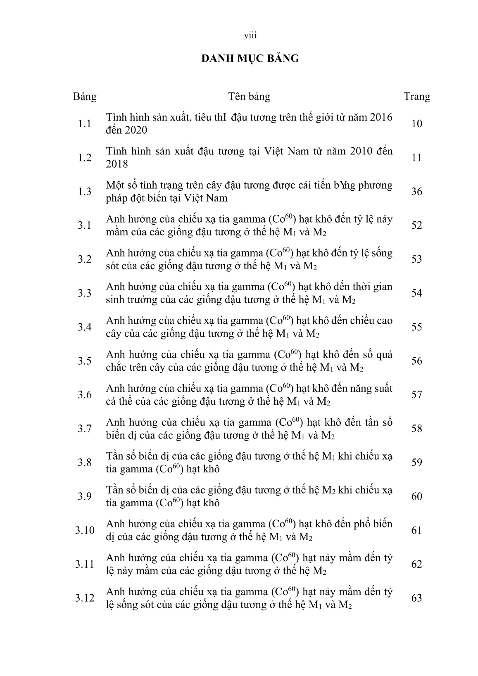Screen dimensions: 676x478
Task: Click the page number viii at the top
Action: click(x=250, y=36)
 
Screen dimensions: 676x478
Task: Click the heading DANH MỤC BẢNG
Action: click(x=250, y=59)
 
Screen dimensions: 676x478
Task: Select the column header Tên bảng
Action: click(x=249, y=97)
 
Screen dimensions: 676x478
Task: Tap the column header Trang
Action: click(x=416, y=97)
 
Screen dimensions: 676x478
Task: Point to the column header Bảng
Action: click(x=85, y=97)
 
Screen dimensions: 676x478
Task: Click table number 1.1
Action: click(x=85, y=123)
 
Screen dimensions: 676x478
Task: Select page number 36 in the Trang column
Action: click(x=417, y=191)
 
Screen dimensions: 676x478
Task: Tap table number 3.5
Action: click(x=85, y=361)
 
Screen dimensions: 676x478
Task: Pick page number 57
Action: click(x=417, y=395)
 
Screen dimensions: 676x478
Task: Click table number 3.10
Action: click(x=85, y=530)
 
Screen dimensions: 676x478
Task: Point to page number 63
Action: click(x=417, y=598)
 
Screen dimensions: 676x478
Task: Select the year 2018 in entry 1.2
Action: click(x=117, y=164)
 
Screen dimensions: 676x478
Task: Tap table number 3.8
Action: click(x=85, y=463)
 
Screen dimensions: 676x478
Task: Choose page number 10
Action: click(x=417, y=123)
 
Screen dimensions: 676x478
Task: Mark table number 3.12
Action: click(x=85, y=598)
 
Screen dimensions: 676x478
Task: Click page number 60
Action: click(x=417, y=496)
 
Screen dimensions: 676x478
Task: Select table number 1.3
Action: click(x=85, y=191)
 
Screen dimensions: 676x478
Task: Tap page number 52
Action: click(x=417, y=225)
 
